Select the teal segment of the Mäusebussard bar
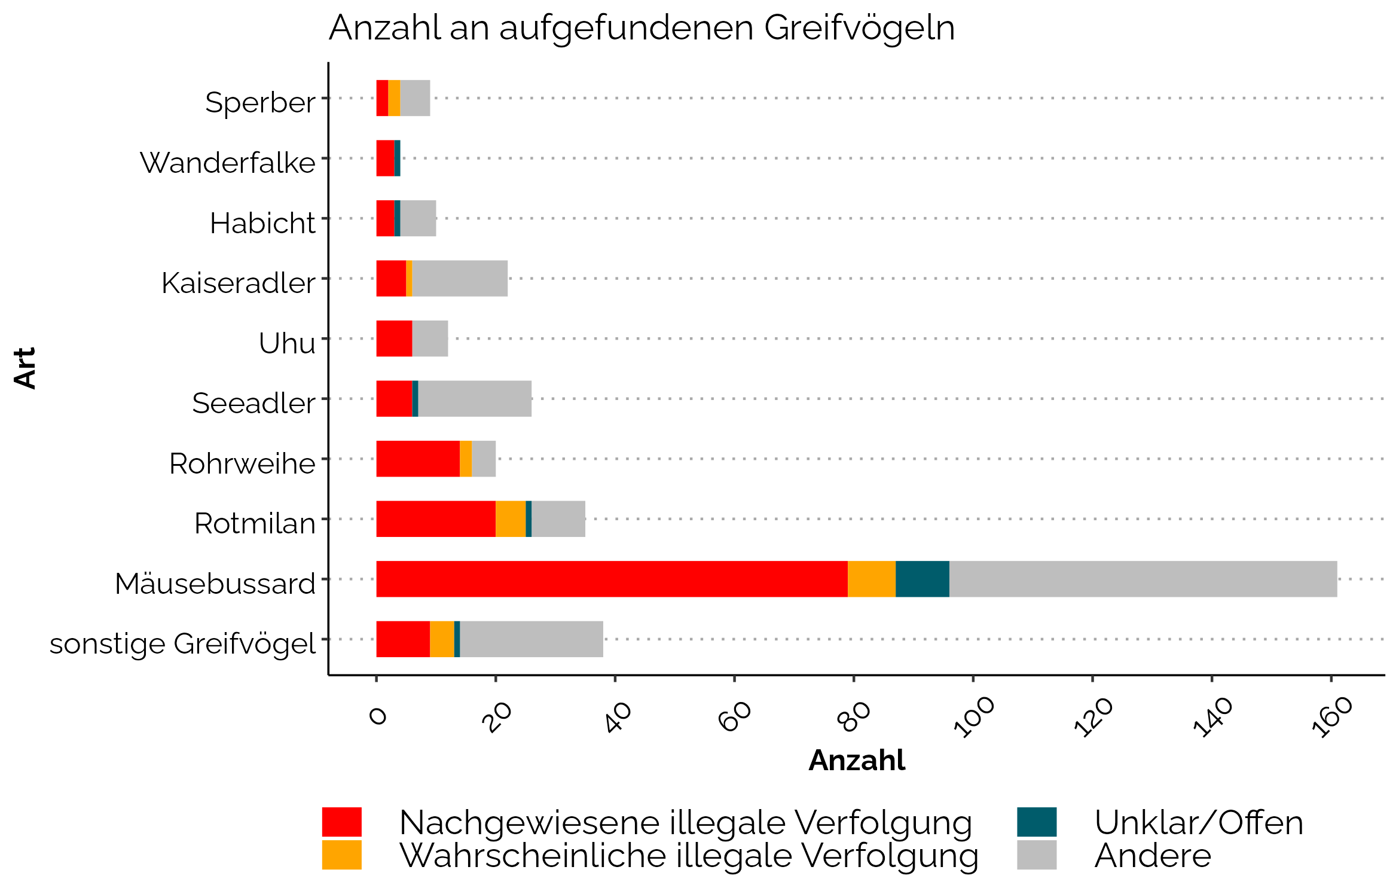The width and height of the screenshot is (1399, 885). click(x=922, y=579)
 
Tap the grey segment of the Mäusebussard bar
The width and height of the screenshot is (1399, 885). click(x=1143, y=579)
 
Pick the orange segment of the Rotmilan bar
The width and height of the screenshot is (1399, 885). click(x=511, y=519)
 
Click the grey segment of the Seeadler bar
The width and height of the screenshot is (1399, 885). click(x=475, y=399)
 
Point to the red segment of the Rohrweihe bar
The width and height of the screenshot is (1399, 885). click(x=418, y=459)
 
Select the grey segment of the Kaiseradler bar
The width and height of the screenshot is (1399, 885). click(x=460, y=279)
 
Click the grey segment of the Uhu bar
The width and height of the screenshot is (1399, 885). click(x=430, y=338)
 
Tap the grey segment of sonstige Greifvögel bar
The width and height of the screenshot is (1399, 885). click(x=532, y=639)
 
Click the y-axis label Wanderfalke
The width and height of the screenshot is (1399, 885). click(x=228, y=163)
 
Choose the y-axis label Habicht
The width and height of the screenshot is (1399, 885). click(x=262, y=223)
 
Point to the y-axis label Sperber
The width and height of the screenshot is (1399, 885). click(x=260, y=102)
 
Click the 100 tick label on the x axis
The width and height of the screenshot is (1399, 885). click(x=974, y=717)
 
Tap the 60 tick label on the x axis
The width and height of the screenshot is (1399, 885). click(x=735, y=717)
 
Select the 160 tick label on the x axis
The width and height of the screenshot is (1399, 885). click(x=1331, y=717)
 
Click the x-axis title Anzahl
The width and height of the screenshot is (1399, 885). click(x=857, y=761)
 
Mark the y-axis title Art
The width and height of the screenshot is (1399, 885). click(x=25, y=368)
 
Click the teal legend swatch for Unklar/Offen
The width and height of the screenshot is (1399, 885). click(x=1037, y=822)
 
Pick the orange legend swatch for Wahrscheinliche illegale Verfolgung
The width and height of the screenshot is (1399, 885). click(x=341, y=855)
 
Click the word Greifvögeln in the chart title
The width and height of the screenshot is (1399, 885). click(x=859, y=28)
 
